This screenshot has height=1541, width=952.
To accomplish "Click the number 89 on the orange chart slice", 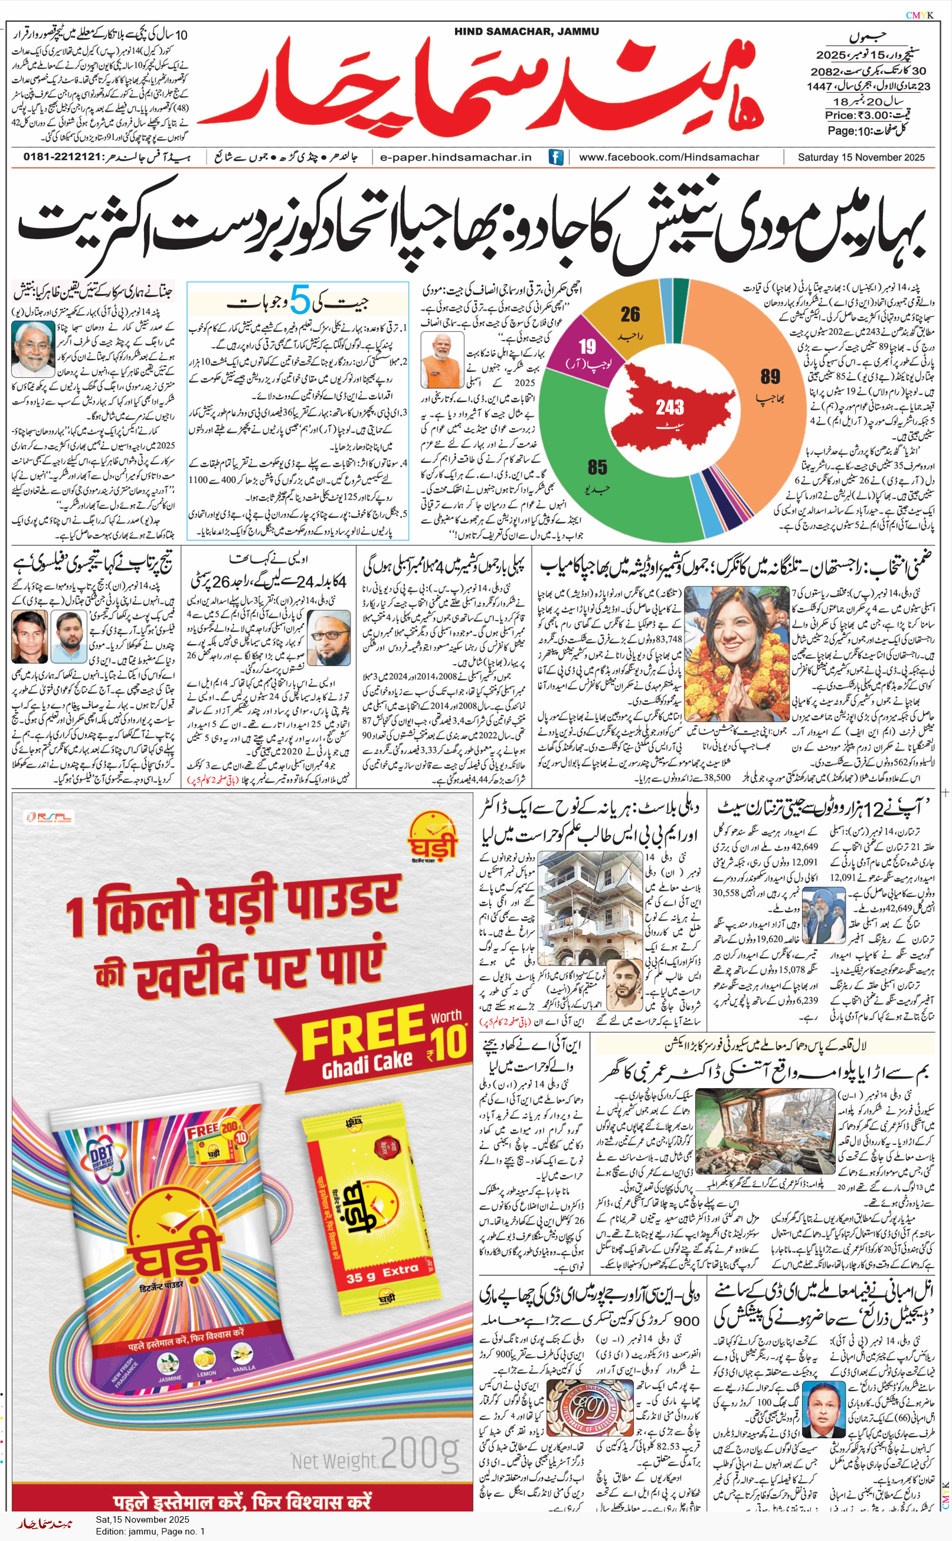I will [770, 377].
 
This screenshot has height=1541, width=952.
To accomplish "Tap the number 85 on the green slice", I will [597, 467].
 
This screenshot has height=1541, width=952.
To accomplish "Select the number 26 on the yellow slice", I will [630, 314].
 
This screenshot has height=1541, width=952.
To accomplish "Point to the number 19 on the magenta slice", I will [587, 347].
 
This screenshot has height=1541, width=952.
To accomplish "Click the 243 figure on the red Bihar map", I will [669, 407].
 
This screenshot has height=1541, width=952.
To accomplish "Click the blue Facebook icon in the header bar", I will [555, 157].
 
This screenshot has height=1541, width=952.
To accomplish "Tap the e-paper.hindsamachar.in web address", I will [456, 157].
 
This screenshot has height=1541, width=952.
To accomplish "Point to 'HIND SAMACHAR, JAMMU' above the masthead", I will [526, 31].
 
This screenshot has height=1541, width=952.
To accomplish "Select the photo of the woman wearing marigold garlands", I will [735, 653].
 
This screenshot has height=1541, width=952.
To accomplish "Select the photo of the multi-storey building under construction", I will [582, 907].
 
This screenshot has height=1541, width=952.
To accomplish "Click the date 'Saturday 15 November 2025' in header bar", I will [861, 157].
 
